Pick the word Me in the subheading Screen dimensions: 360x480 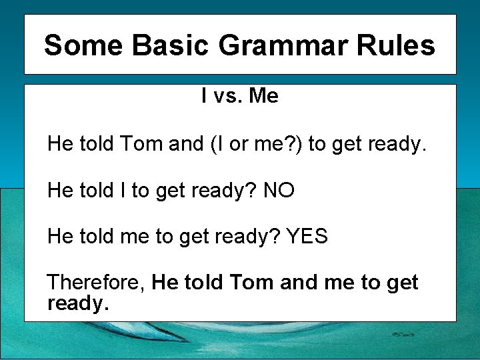(263, 97)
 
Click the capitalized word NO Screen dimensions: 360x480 (279, 191)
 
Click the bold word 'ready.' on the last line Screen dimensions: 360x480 (77, 304)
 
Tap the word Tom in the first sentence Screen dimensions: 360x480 (141, 144)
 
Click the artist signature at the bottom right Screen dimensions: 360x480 (403, 333)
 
